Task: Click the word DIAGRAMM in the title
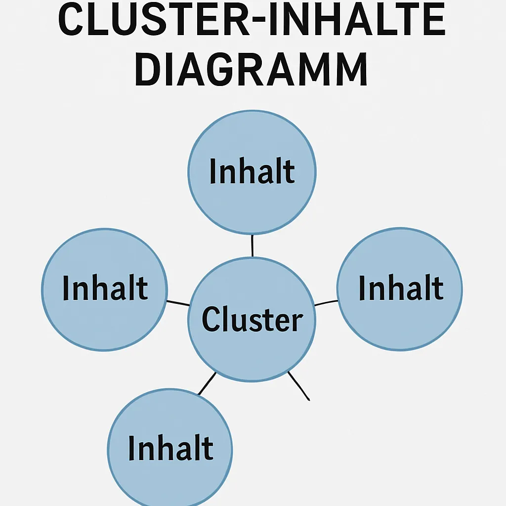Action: click(x=251, y=71)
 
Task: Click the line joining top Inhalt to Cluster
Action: click(x=253, y=246)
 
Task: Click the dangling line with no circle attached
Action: click(x=298, y=385)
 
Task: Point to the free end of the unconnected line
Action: click(x=309, y=400)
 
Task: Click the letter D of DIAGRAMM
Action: click(x=150, y=71)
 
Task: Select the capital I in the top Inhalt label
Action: click(x=213, y=171)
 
